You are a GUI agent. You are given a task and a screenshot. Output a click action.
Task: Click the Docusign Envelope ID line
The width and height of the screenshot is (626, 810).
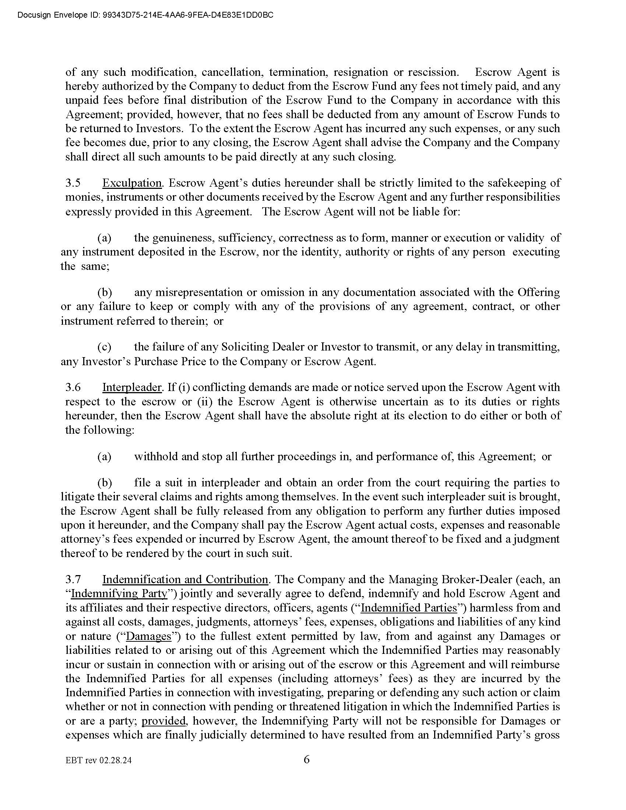pyautogui.click(x=145, y=15)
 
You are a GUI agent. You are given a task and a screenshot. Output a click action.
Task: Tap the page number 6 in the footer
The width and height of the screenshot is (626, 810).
pyautogui.click(x=307, y=760)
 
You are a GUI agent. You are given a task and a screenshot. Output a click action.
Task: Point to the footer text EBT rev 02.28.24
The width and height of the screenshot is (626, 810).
pyautogui.click(x=98, y=761)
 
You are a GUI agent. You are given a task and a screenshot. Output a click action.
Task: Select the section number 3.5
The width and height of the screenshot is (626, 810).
pyautogui.click(x=73, y=183)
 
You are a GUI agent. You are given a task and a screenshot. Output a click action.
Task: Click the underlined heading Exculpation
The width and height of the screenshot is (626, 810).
pyautogui.click(x=132, y=183)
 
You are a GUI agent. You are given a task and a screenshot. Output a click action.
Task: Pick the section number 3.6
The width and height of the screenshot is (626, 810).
pyautogui.click(x=73, y=387)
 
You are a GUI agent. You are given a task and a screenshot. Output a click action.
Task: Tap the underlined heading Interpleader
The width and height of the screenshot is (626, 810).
pyautogui.click(x=132, y=387)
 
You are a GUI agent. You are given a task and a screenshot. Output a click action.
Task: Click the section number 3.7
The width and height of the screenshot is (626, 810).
pyautogui.click(x=73, y=579)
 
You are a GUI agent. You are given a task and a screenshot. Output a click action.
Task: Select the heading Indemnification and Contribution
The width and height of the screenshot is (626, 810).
pyautogui.click(x=185, y=579)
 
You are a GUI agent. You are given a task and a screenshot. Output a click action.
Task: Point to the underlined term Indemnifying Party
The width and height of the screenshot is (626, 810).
pyautogui.click(x=119, y=594)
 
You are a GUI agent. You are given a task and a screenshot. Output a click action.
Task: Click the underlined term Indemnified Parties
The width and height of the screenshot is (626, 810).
pyautogui.click(x=409, y=608)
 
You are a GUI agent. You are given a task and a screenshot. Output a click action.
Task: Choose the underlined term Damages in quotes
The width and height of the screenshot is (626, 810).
pyautogui.click(x=149, y=636)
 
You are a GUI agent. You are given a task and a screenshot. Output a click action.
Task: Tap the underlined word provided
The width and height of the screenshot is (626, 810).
pyautogui.click(x=163, y=721)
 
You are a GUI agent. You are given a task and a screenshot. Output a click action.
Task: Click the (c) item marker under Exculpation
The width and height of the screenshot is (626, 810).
pyautogui.click(x=104, y=347)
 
